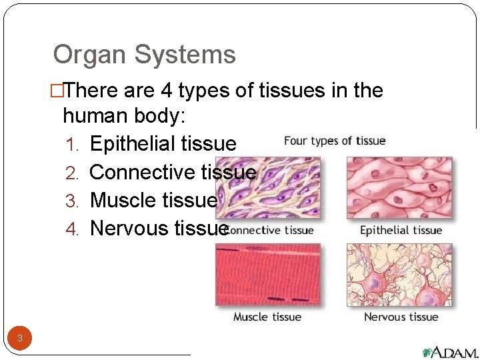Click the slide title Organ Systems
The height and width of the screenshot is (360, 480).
(x=144, y=55)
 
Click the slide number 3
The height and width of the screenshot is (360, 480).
(x=20, y=338)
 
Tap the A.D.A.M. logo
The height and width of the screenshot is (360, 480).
(x=449, y=352)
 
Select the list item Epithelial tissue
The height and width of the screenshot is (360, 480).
(x=163, y=143)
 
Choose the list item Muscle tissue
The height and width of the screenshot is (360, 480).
(x=153, y=200)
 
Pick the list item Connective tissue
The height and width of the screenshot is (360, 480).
(x=173, y=172)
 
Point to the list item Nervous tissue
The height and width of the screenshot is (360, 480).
(x=159, y=228)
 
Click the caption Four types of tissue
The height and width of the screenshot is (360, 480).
(x=335, y=141)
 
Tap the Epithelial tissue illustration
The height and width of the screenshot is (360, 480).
(x=399, y=188)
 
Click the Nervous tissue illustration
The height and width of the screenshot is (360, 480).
(x=399, y=275)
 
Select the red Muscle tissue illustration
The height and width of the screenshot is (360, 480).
(x=267, y=275)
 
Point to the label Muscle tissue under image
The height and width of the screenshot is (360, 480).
(x=267, y=317)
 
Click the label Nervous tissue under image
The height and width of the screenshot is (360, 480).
(x=401, y=317)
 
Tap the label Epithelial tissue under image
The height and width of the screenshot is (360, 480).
(x=401, y=231)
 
